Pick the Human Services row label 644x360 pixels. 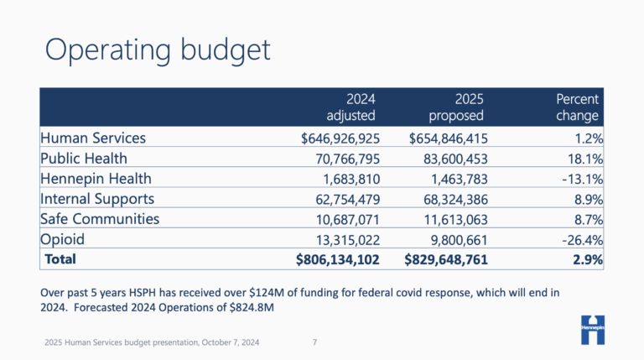coord(93,138)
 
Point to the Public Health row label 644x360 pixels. coord(84,158)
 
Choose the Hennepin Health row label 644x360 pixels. coord(96,178)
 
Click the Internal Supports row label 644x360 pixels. coord(98,198)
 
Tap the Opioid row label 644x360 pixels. coord(64,239)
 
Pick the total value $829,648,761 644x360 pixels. coord(440,260)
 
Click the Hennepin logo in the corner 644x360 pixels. coord(597,328)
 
